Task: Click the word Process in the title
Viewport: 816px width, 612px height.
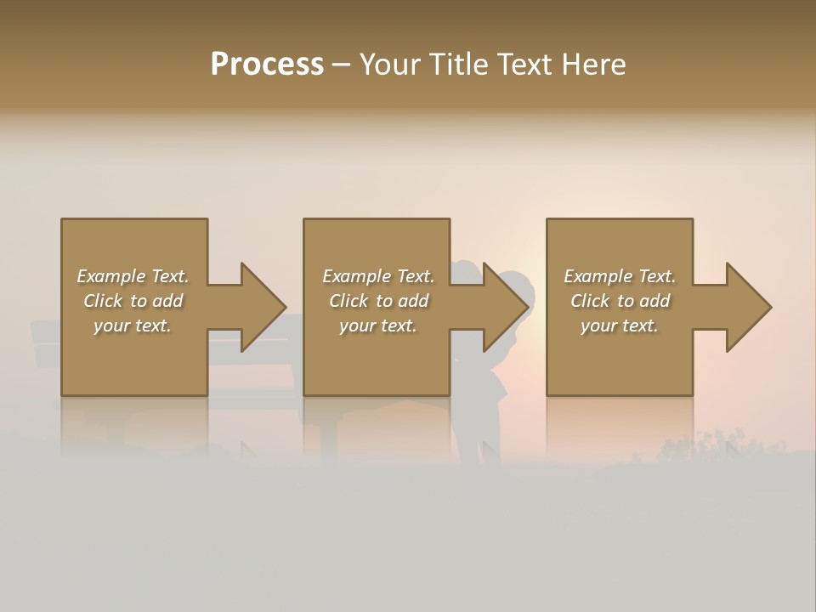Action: click(x=267, y=65)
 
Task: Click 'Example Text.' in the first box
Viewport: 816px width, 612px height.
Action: click(x=133, y=276)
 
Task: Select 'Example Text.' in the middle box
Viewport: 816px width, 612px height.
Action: click(x=377, y=276)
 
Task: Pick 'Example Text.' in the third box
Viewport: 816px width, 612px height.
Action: click(x=620, y=276)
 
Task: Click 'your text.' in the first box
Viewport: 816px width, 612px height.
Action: click(x=133, y=326)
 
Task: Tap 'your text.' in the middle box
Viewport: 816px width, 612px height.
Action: click(x=377, y=326)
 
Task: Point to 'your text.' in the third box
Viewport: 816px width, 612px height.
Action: click(x=620, y=326)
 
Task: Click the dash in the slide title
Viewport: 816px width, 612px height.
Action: click(x=341, y=65)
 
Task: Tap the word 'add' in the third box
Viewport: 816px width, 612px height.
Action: click(x=652, y=301)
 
